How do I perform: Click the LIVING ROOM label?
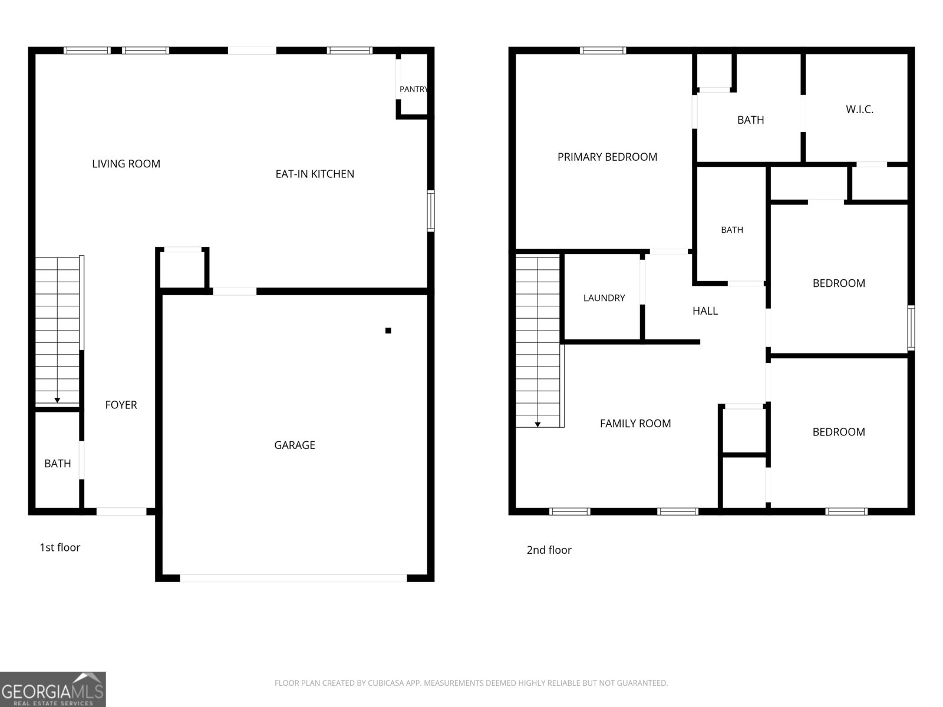click(x=126, y=164)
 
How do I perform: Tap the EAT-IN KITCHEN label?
click(x=315, y=174)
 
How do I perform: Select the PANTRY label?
click(x=413, y=89)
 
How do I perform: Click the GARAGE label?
click(x=295, y=445)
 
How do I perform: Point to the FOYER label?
click(x=121, y=405)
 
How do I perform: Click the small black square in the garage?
click(x=388, y=331)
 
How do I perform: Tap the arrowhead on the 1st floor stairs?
click(x=57, y=401)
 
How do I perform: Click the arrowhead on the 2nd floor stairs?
click(x=538, y=425)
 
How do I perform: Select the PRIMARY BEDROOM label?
click(x=608, y=157)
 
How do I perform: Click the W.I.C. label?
click(x=860, y=110)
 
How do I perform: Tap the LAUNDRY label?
click(x=604, y=298)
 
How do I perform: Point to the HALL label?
click(x=705, y=311)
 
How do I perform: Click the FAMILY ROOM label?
click(x=635, y=424)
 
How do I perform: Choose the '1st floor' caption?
click(x=60, y=547)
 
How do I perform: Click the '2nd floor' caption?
click(x=549, y=550)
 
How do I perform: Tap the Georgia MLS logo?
click(x=52, y=689)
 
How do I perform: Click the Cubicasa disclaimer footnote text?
click(x=471, y=683)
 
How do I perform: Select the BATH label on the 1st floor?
click(x=58, y=464)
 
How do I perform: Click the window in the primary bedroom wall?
click(x=603, y=51)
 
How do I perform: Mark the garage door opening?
click(x=293, y=578)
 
